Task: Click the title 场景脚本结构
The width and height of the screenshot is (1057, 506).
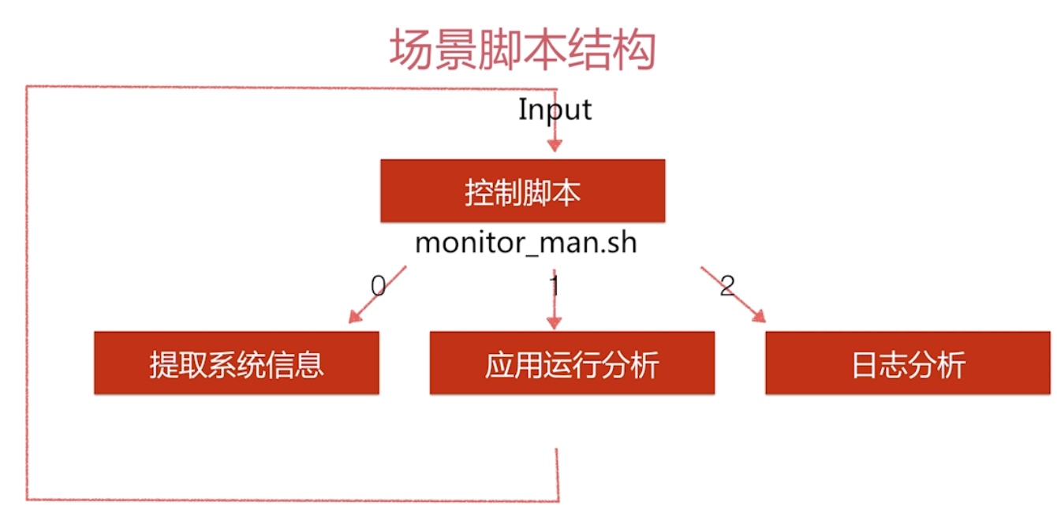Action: coord(522,49)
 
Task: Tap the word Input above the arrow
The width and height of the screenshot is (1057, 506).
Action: coord(555,110)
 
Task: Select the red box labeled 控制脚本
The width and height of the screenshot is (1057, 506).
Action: coord(523,191)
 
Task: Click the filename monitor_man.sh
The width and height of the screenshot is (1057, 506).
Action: coord(526,244)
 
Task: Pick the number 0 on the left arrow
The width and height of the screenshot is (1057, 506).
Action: coord(379,286)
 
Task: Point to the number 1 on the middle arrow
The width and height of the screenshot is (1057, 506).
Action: coord(555,286)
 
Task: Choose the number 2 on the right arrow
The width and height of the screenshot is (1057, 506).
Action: coord(727,286)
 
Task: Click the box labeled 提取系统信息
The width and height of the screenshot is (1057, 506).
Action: coord(237,363)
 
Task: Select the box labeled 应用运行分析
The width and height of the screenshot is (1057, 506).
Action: coord(572,363)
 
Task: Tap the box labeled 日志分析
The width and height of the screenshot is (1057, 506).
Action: coord(908,363)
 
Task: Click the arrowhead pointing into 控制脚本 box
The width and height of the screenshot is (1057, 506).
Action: coord(555,145)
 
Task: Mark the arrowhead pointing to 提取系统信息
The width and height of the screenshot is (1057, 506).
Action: coord(355,316)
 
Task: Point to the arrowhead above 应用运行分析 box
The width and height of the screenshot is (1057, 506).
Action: coord(554,322)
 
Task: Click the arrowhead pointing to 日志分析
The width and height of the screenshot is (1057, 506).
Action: coord(760,316)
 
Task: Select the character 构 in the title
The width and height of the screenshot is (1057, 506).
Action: coord(633,49)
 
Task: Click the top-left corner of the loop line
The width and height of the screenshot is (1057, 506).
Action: coord(27,86)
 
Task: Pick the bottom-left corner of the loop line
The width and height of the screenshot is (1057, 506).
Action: coord(28,499)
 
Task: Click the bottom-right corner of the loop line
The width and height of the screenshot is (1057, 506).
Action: coord(558,500)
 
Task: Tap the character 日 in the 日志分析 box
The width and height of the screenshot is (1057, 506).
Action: coord(865,365)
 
